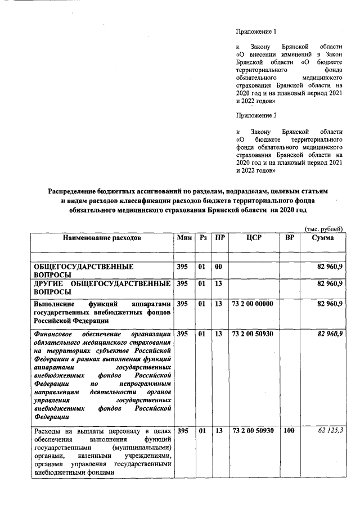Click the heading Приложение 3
(x=256, y=116)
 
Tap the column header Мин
(x=184, y=238)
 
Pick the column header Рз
(x=203, y=238)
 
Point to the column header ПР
(x=220, y=238)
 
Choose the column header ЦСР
(x=254, y=238)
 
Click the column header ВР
(x=290, y=238)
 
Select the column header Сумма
(x=323, y=238)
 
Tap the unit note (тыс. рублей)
(x=323, y=228)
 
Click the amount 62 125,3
(x=329, y=431)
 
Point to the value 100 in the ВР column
(x=289, y=431)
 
